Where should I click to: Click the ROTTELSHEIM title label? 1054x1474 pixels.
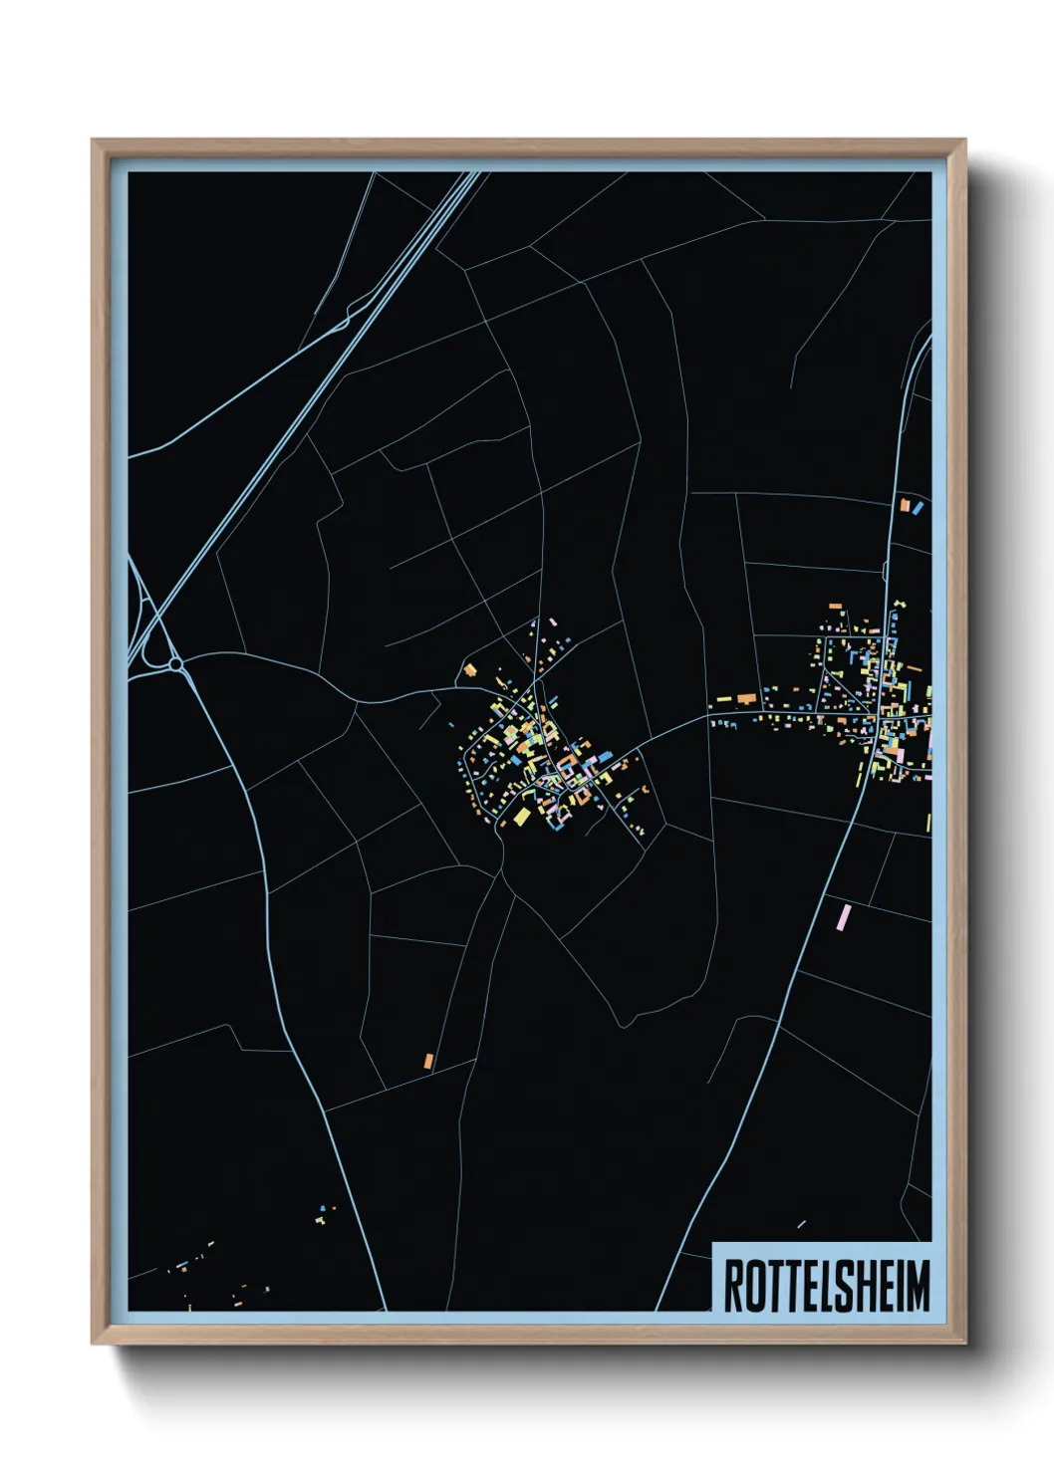pos(825,1286)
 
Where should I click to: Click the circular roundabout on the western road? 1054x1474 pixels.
pos(175,663)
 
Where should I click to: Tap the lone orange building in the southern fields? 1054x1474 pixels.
pos(429,1061)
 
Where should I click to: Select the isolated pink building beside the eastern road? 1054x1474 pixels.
pos(845,917)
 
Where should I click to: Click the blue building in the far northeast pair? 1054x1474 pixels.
pos(917,508)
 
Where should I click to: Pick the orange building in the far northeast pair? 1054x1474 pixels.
pos(905,506)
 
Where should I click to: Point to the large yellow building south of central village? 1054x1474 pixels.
pos(522,818)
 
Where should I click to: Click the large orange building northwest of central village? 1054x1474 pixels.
pos(469,670)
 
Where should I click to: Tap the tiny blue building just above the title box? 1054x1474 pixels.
pos(801,1224)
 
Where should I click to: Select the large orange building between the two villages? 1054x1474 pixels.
pos(747,699)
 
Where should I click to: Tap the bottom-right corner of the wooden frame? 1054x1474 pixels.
pos(964,1344)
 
